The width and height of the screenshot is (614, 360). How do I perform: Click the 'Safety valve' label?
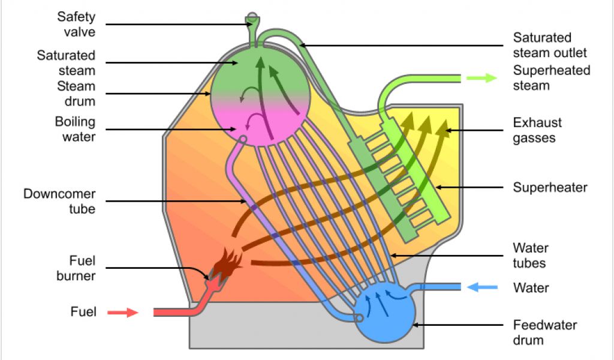click(x=76, y=23)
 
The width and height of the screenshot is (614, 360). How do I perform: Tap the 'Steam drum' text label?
click(x=76, y=94)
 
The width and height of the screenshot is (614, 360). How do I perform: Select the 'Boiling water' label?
click(x=75, y=129)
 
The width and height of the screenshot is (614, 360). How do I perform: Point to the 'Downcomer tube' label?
click(x=59, y=201)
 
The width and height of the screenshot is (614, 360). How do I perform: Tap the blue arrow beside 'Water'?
click(x=482, y=287)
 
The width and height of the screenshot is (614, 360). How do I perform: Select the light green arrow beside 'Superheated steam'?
click(x=481, y=77)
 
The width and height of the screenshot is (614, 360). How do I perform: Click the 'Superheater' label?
click(x=550, y=187)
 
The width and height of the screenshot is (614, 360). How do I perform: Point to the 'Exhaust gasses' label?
click(x=537, y=130)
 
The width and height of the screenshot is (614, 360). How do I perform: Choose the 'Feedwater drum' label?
click(x=544, y=332)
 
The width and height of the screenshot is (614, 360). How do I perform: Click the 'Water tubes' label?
click(x=530, y=255)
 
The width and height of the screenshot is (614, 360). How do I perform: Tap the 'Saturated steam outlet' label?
click(x=550, y=45)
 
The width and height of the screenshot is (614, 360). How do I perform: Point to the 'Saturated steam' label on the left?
click(x=66, y=62)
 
